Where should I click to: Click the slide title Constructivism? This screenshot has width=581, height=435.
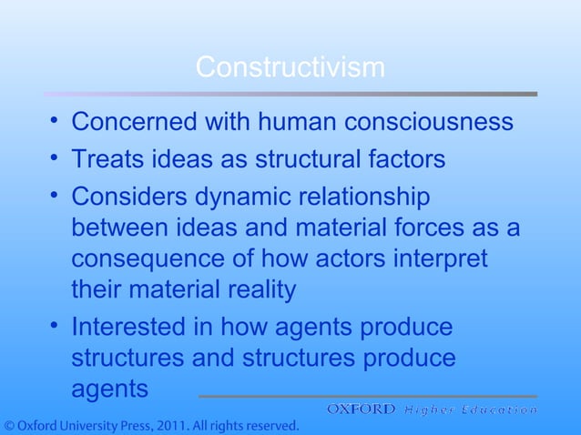290,67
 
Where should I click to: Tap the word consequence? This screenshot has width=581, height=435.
148,259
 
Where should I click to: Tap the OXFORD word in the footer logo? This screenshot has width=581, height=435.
362,410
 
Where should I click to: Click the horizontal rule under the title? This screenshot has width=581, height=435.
290,93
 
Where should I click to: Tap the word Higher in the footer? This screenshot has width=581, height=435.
429,410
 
